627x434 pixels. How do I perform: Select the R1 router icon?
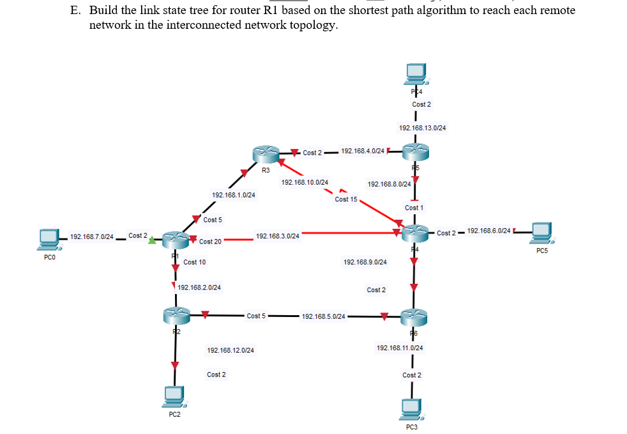coord(175,240)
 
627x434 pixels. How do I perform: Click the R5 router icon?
coord(416,152)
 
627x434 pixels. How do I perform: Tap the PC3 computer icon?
coord(411,408)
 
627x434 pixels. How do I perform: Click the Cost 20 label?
coord(210,242)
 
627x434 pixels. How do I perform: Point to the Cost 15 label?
coord(346,199)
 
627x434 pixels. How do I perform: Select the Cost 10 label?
coord(195,262)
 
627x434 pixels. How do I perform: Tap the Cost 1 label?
coord(414,208)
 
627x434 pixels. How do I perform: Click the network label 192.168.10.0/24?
coord(305,183)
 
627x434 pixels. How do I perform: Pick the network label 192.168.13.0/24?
coord(422,128)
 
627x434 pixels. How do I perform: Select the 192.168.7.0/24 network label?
coord(92,236)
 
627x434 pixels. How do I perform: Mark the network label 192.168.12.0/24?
coord(230,350)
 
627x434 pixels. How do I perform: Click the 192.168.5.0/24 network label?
coord(324,316)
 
